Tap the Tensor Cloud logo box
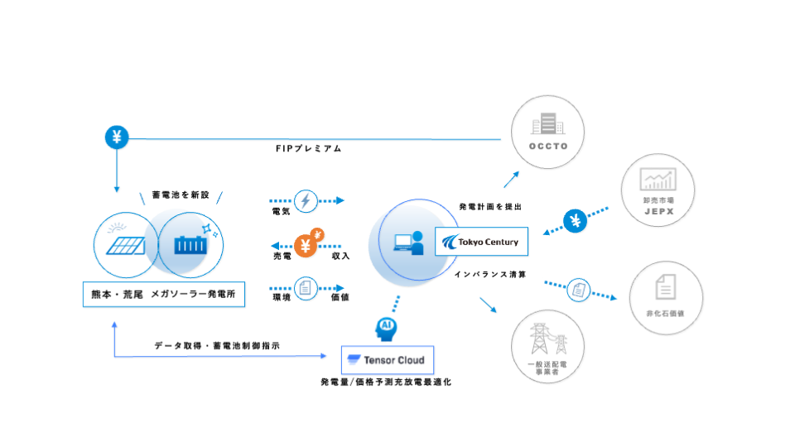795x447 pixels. coord(388,360)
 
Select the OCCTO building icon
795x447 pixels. coord(547,127)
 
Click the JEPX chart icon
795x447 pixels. coord(658,179)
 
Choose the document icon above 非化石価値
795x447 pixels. coord(664,288)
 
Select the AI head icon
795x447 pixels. coord(387,327)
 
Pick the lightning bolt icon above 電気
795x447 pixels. coord(306,200)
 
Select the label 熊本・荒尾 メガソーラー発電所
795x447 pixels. coord(164,295)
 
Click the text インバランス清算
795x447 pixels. coord(490,273)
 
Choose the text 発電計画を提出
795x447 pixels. coord(490,207)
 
